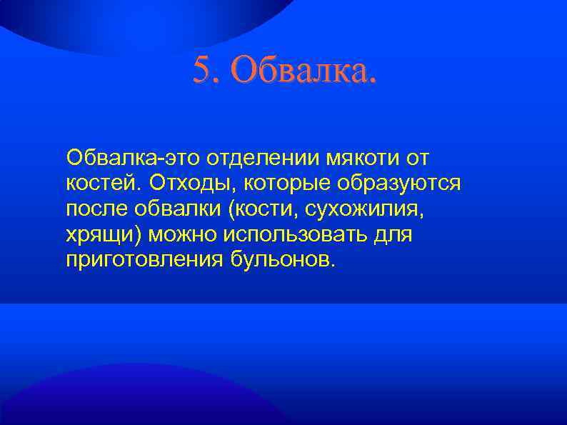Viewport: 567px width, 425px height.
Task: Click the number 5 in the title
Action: click(202, 70)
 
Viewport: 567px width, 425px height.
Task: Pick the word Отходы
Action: click(192, 183)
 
